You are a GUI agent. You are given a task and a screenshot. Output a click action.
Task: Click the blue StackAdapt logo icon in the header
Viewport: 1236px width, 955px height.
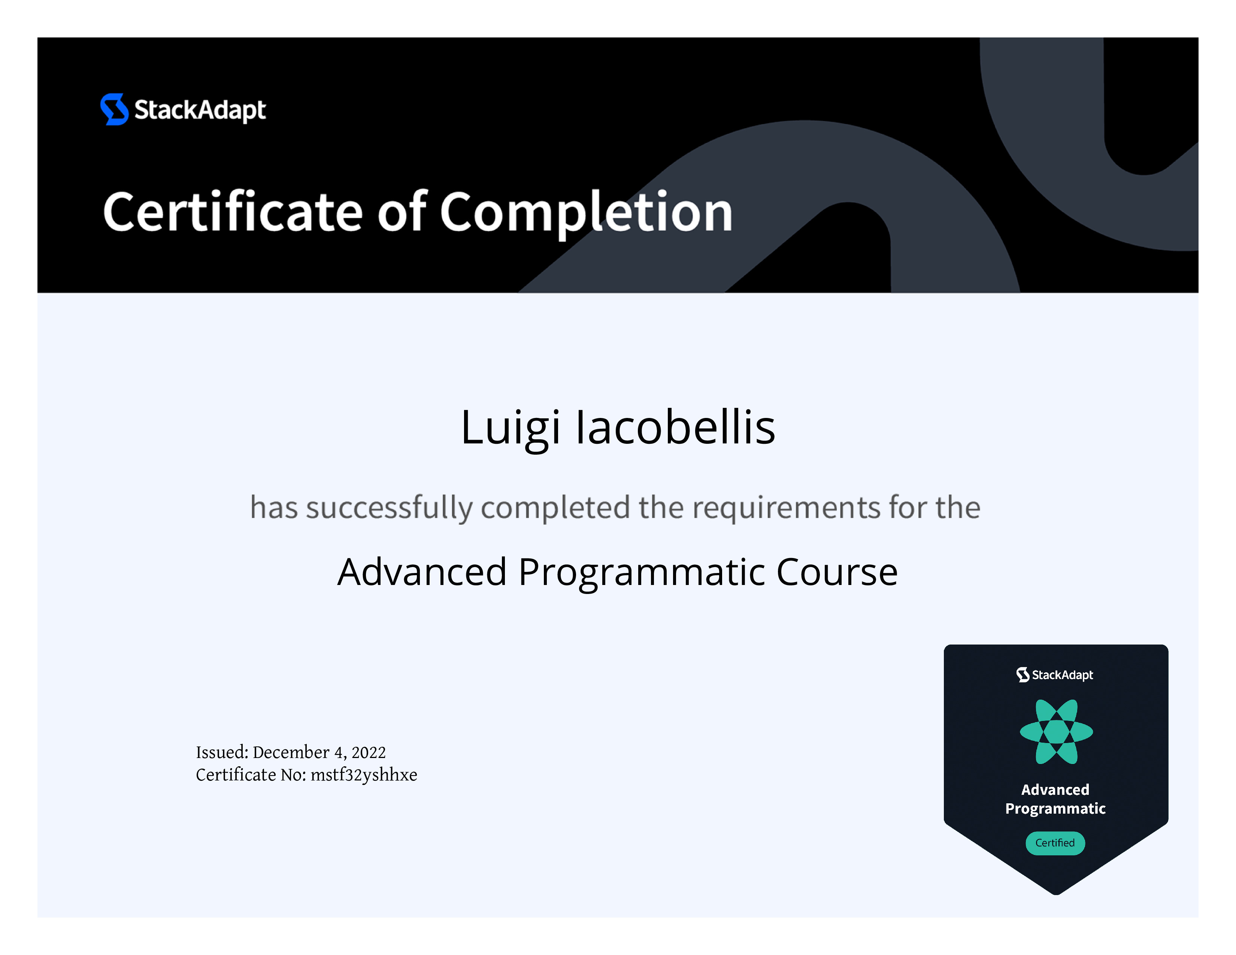[x=114, y=109]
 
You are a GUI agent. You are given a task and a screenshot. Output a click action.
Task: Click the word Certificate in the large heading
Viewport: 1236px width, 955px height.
[x=233, y=212]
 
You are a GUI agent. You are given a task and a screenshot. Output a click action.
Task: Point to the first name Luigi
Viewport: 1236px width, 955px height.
[x=511, y=429]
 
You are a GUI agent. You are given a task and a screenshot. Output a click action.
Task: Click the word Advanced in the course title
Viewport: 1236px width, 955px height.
[x=422, y=572]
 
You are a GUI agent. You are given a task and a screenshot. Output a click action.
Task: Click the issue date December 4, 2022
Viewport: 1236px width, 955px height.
[x=319, y=752]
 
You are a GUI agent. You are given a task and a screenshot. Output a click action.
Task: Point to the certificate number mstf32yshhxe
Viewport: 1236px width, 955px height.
[x=364, y=775]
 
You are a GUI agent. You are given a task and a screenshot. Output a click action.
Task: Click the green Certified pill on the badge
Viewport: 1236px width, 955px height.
[x=1055, y=843]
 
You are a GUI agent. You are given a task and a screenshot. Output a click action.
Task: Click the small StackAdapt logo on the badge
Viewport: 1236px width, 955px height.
[x=1055, y=675]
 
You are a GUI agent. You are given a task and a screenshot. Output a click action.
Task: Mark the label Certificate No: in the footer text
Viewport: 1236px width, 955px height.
[x=251, y=775]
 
